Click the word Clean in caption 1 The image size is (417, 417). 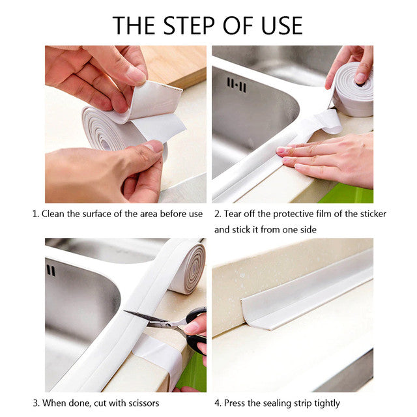point(55,214)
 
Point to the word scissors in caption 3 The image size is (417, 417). point(139,403)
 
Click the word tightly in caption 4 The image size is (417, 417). point(324,403)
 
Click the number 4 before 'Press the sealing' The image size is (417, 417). point(218,403)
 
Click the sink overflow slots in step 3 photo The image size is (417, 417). point(51,270)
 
